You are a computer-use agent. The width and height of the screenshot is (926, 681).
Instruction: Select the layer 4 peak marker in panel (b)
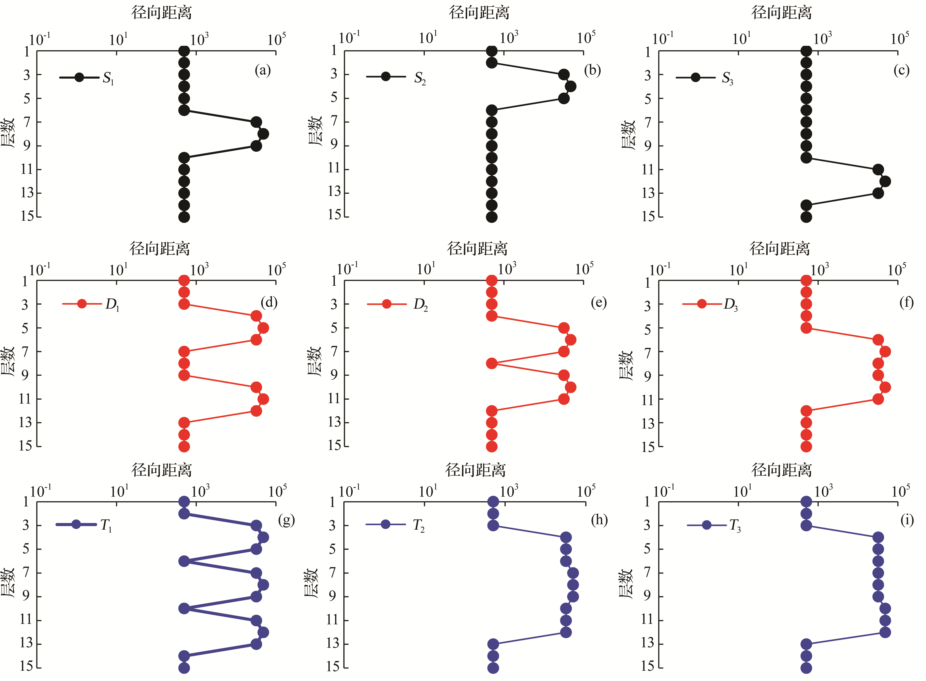tap(570, 86)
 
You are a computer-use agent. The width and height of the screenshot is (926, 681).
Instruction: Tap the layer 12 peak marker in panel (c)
tap(885, 181)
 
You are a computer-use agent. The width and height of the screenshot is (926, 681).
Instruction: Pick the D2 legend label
tap(421, 305)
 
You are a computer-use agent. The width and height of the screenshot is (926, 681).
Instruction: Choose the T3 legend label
tap(735, 526)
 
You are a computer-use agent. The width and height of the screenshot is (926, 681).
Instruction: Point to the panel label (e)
tap(599, 303)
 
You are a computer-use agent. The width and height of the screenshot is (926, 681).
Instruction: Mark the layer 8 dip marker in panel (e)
tap(491, 364)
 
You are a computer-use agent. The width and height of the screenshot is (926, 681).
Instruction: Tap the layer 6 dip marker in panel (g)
tap(184, 561)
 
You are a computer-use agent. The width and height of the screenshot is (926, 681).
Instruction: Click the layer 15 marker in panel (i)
tap(806, 668)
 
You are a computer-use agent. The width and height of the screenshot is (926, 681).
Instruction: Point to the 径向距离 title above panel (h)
tap(475, 470)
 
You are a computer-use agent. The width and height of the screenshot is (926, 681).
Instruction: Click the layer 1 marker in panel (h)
tap(493, 502)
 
